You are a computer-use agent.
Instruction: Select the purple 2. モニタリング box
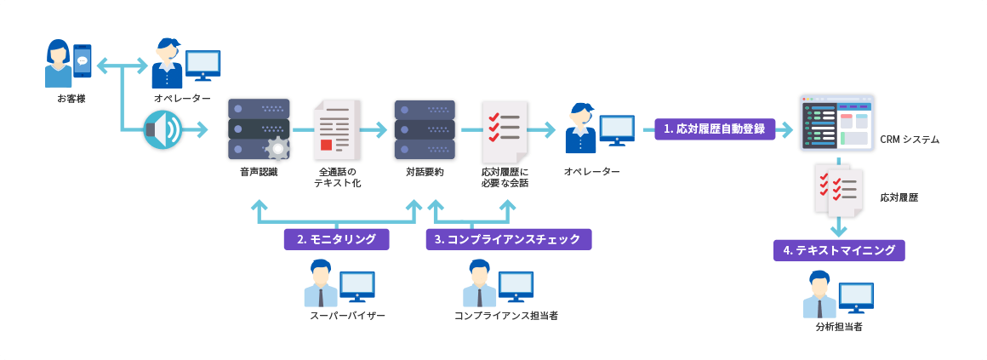click(336, 239)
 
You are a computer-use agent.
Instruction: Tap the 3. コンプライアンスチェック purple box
click(508, 239)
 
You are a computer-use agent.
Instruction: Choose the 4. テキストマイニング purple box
click(839, 250)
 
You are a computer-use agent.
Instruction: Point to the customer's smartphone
click(83, 61)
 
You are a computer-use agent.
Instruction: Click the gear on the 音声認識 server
click(277, 149)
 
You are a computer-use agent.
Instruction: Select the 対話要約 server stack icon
click(425, 129)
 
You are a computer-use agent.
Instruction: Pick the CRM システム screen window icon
click(837, 123)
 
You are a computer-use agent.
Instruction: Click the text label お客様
click(71, 99)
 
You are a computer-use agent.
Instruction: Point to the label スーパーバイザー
click(348, 316)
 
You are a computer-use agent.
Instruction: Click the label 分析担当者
click(838, 327)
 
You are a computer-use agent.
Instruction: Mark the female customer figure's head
click(59, 52)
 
